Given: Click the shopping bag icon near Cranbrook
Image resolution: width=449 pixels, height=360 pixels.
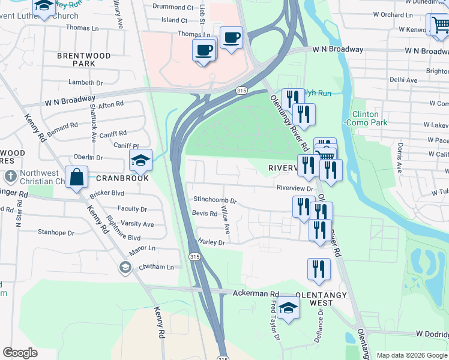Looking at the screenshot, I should (x=77, y=177).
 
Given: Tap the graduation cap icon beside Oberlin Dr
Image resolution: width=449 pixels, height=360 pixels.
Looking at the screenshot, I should (x=140, y=160).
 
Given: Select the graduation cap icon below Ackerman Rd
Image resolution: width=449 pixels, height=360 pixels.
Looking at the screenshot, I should (x=289, y=308).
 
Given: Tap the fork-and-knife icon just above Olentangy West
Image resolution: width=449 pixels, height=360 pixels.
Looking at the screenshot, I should (x=319, y=269).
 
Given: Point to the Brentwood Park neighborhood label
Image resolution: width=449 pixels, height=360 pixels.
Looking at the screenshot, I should (x=84, y=59).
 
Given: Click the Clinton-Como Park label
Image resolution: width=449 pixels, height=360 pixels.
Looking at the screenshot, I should (x=365, y=118).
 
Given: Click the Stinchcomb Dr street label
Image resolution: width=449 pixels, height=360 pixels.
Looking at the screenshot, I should (x=215, y=200).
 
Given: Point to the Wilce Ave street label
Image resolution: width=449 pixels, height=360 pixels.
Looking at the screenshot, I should (x=226, y=220).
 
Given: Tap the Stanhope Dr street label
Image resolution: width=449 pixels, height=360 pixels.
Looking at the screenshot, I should (x=56, y=232).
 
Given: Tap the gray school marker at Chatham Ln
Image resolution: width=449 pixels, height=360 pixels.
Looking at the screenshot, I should (x=125, y=267).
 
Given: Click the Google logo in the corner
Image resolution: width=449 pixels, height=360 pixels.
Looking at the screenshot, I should (x=20, y=353).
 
